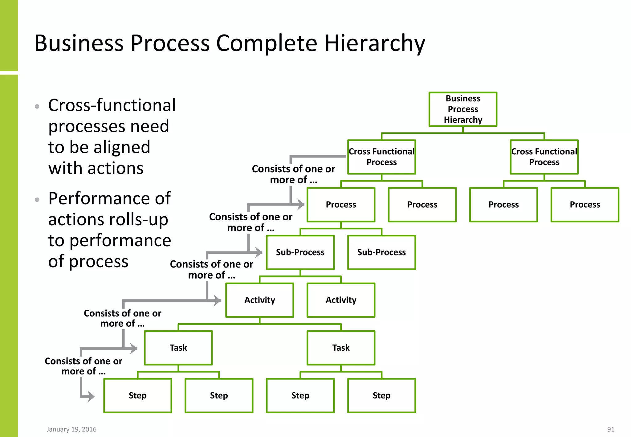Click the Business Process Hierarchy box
point(463,109)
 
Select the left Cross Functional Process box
point(381,157)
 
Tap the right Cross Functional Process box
point(544,157)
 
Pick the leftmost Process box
point(341,205)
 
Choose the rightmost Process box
point(585,205)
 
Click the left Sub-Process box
point(300,252)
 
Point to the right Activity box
point(341,300)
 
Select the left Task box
point(178,348)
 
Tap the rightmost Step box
point(381,395)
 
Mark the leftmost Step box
point(137,395)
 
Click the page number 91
point(611,429)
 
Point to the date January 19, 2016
point(71,429)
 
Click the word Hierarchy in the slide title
point(375,43)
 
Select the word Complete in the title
point(267,43)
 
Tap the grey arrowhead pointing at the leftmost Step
point(90,396)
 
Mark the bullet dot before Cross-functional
point(37,107)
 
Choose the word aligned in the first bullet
point(122,147)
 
